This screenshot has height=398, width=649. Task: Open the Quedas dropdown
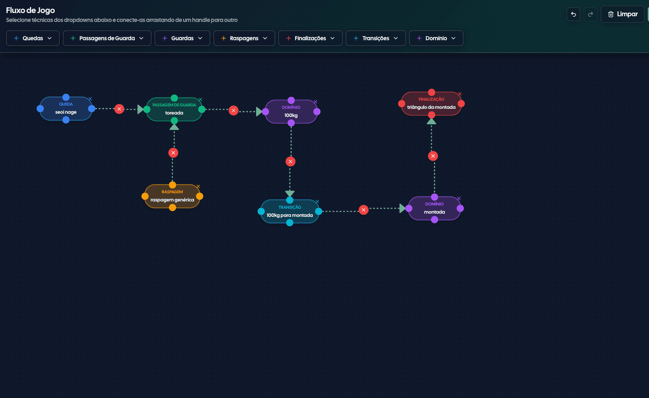coord(33,38)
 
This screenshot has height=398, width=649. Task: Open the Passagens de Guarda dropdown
coord(107,38)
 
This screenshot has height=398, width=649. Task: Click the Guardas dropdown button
coord(182,38)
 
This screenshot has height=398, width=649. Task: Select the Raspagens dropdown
coord(244,38)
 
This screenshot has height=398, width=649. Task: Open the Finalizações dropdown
coord(310,38)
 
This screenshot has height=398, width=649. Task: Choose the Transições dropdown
coord(375,38)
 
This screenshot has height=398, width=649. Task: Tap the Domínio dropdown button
coord(436,38)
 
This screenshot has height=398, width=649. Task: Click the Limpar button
coord(622,14)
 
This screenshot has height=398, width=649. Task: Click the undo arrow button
coord(574,14)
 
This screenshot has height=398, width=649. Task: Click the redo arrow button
coord(591,14)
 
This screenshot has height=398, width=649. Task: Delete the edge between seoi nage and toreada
coord(119,109)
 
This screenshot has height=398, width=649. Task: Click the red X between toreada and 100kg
coord(233,110)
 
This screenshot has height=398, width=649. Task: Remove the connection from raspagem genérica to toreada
coord(173,153)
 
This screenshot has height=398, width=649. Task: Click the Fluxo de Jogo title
coord(30,10)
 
